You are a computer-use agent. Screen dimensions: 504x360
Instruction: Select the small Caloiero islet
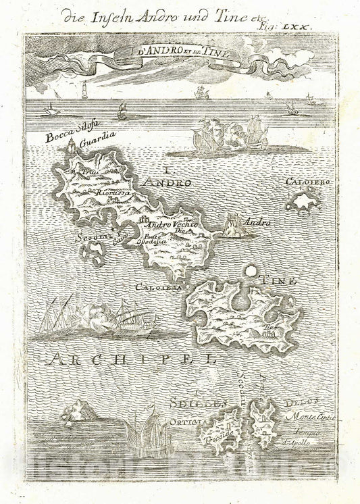pos(303,200)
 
